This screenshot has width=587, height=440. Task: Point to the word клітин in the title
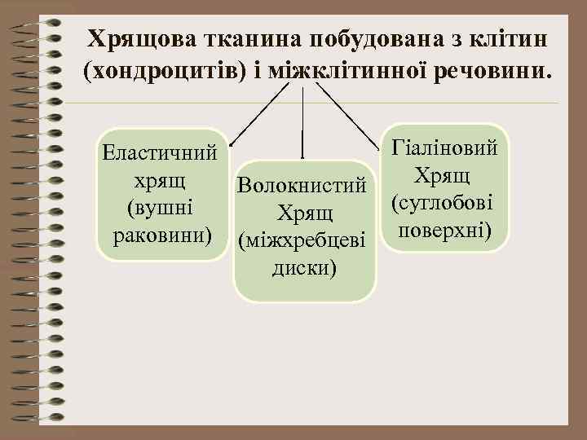pos(505,38)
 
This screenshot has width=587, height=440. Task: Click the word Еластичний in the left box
pos(161,152)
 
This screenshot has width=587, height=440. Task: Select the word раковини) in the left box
pos(161,235)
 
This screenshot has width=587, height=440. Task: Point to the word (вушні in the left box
pos(160,207)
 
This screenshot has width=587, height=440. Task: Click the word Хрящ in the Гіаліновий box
pos(446,174)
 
